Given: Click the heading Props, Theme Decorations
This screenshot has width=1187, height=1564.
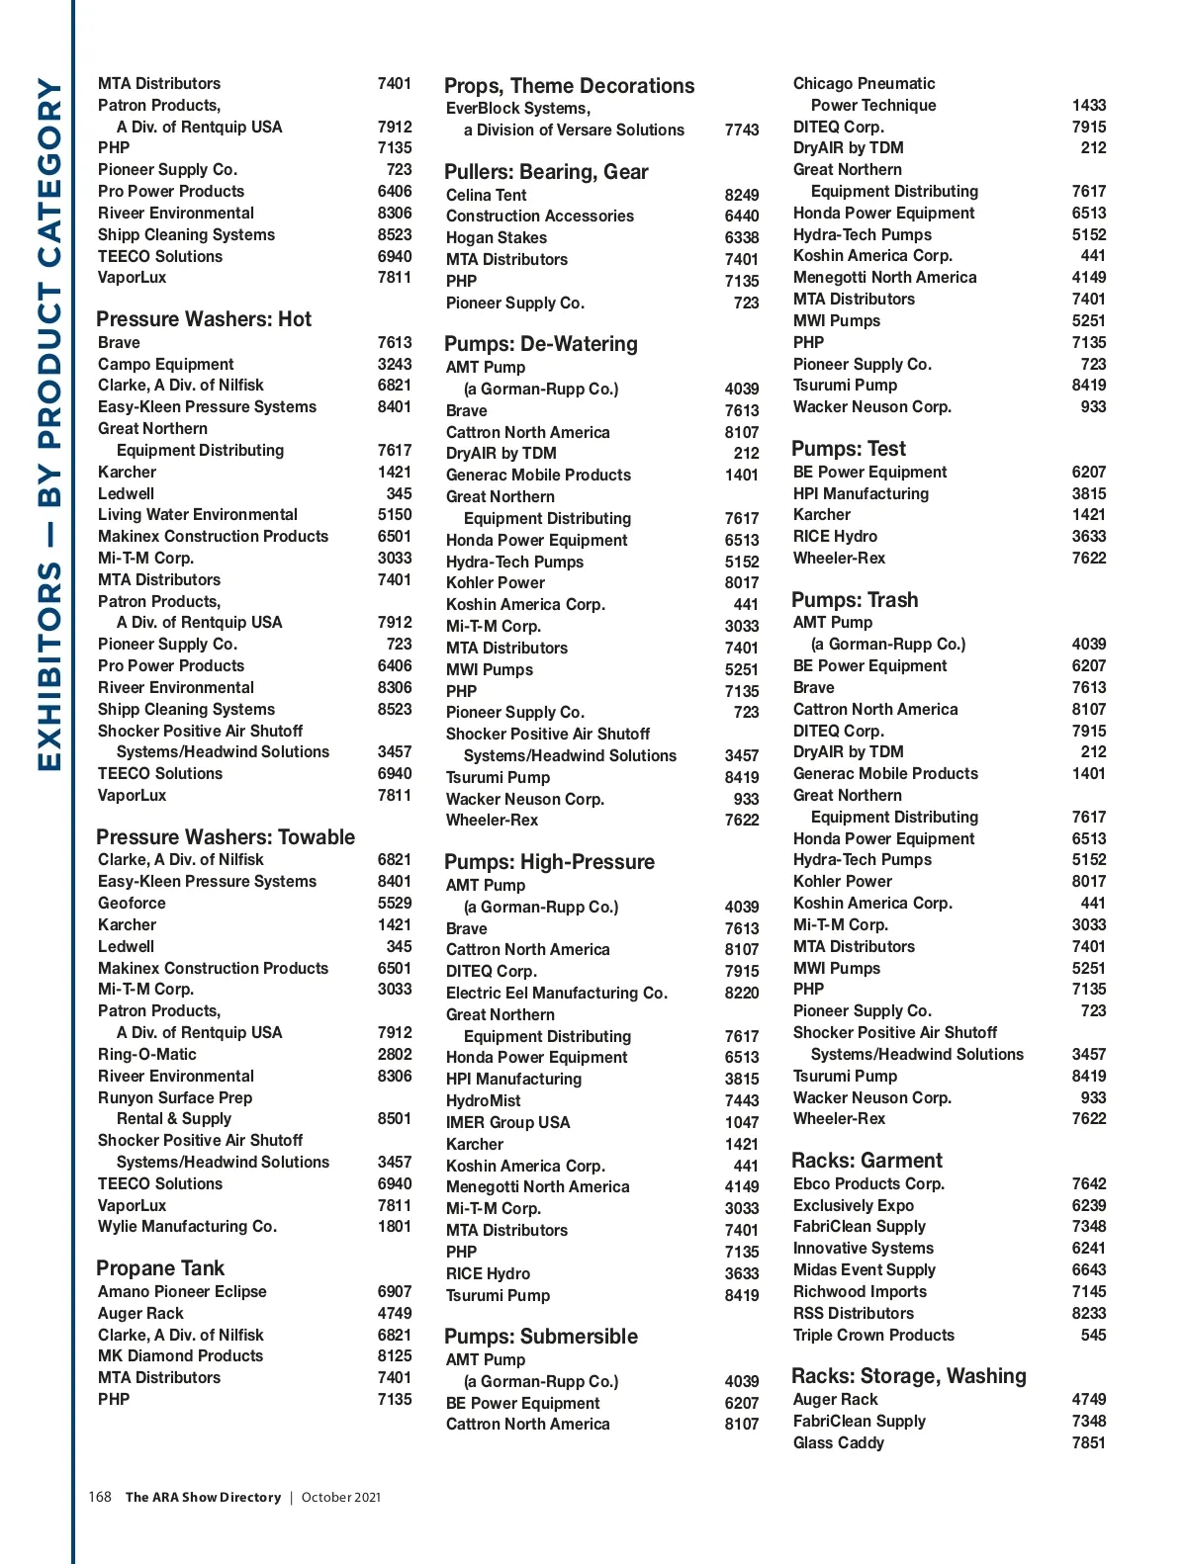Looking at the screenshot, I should pos(569,86).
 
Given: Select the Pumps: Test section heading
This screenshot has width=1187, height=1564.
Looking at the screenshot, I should pos(848,449).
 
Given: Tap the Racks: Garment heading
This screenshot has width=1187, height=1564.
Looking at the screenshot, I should pos(867,1161).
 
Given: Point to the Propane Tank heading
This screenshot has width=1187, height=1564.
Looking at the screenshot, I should pos(160,1268).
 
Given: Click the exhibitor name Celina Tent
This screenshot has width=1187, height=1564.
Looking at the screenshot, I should pos(486,195).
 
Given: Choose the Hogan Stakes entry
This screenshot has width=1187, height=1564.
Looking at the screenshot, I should pos(496,238).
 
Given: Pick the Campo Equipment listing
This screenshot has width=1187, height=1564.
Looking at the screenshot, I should pos(165,364).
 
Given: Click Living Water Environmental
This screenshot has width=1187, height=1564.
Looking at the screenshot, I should pos(197,515).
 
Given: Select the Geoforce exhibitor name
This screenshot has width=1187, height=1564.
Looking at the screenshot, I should pos(132,904).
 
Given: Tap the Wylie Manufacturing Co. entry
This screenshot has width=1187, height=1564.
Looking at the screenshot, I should pos(187,1227).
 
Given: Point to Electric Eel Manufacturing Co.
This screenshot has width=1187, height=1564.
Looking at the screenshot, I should pos(556,994).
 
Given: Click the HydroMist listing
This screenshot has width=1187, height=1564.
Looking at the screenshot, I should pos(483,1101).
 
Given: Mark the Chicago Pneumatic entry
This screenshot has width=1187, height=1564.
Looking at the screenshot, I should pos(864,84).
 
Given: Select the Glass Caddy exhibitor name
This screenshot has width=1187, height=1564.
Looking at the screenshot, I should pos(838,1443).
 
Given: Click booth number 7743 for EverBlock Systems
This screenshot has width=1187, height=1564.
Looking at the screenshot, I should pos(741,130).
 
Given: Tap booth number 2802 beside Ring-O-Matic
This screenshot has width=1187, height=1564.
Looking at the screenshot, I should pos(394,1055).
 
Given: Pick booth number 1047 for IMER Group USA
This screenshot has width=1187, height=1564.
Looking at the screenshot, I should pos(741,1123).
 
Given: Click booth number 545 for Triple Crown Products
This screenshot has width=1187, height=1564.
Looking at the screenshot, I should pos(1093,1336).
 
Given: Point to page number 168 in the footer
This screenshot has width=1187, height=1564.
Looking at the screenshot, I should pos(100,1497).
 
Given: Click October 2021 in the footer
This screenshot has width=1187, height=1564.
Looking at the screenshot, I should pos(340,1498).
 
